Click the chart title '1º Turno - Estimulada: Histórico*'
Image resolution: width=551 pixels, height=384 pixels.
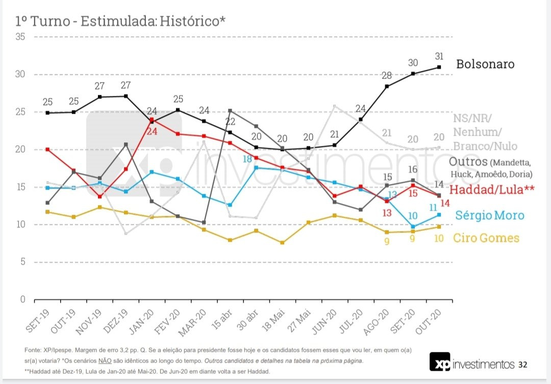click(120, 21)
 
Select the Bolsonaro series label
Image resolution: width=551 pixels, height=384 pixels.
click(485, 64)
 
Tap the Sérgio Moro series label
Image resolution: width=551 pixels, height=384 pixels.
click(489, 215)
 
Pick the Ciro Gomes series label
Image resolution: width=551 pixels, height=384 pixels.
click(486, 238)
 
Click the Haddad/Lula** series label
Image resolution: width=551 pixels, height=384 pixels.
click(492, 190)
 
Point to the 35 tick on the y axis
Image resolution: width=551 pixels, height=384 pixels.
click(20, 37)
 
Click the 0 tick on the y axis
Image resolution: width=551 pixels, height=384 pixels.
click(22, 299)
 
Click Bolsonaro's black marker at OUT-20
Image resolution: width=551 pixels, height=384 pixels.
click(439, 67)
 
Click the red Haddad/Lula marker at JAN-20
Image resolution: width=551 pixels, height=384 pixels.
click(152, 119)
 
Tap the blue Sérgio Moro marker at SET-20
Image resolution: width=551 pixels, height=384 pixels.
click(413, 226)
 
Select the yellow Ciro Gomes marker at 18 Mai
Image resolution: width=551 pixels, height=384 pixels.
click(282, 242)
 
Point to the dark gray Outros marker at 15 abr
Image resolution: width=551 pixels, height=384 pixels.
click(230, 111)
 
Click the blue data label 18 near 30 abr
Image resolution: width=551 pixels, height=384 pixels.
click(247, 159)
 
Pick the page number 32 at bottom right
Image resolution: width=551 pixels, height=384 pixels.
click(523, 365)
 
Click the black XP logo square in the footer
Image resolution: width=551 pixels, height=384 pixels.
click(439, 362)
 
